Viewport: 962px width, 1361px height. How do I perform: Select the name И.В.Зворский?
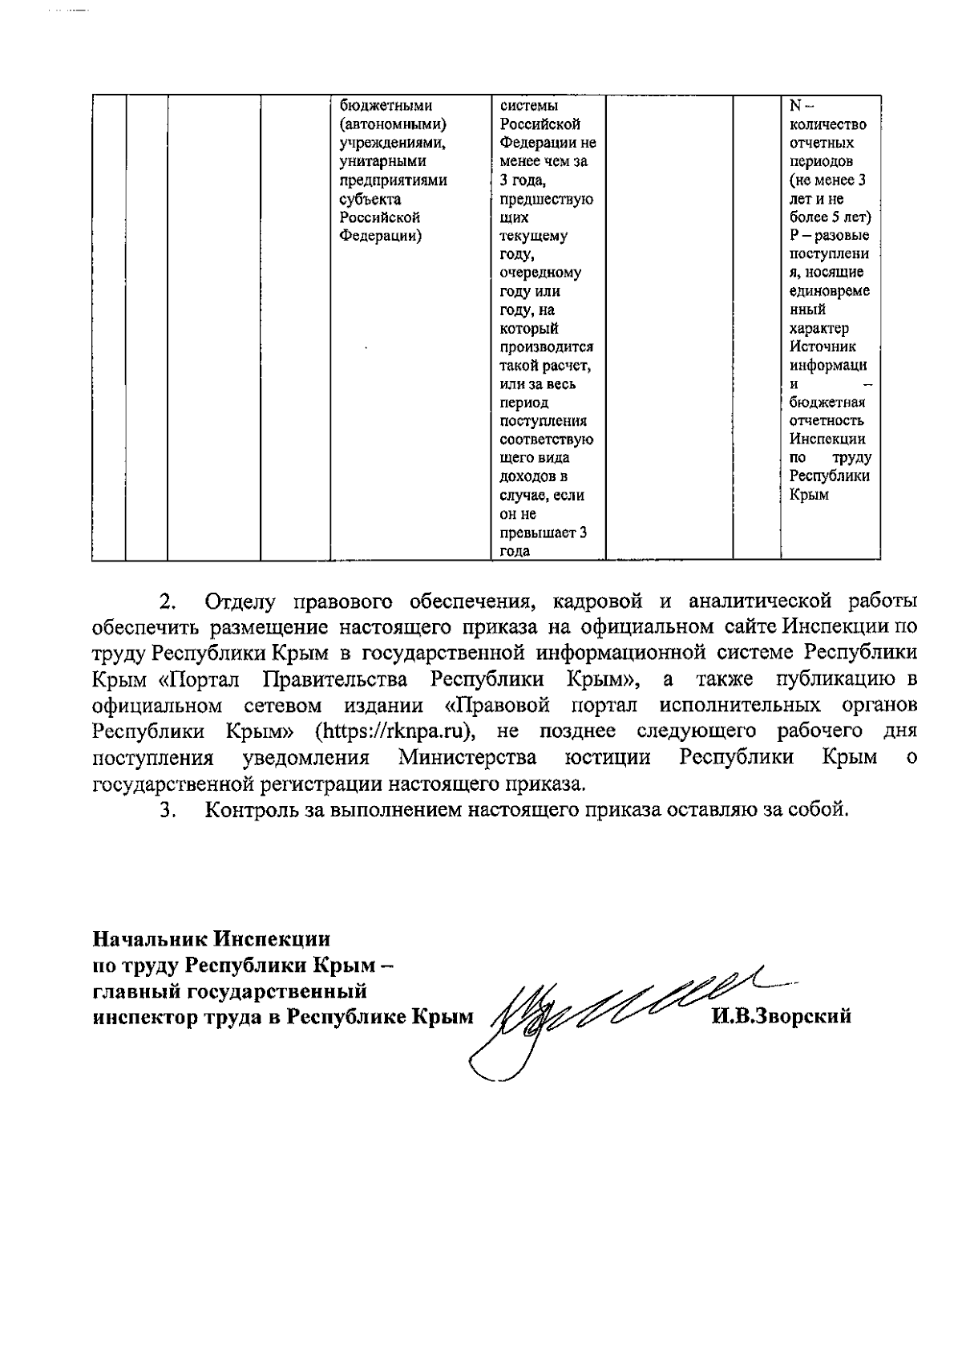pyautogui.click(x=781, y=1017)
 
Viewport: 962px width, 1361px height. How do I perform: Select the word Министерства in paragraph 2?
pyautogui.click(x=468, y=758)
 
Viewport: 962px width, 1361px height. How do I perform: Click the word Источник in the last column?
pyautogui.click(x=823, y=346)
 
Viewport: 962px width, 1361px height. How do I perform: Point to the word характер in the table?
pyautogui.click(x=819, y=328)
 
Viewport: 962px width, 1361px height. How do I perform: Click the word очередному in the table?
pyautogui.click(x=540, y=273)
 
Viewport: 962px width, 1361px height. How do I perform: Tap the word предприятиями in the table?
pyautogui.click(x=393, y=180)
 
